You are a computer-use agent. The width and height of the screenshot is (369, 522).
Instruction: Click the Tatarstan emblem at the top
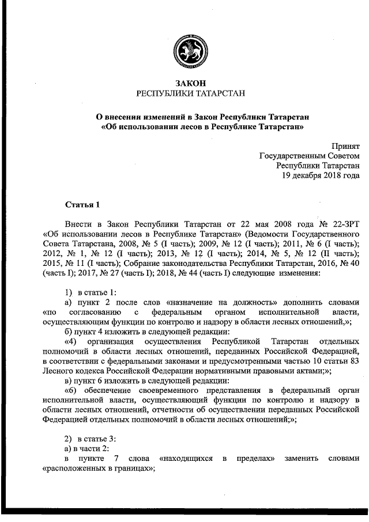point(190,50)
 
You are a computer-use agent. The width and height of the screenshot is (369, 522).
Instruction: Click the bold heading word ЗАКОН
point(190,83)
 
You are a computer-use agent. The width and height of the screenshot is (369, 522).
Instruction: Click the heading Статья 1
point(82,204)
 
